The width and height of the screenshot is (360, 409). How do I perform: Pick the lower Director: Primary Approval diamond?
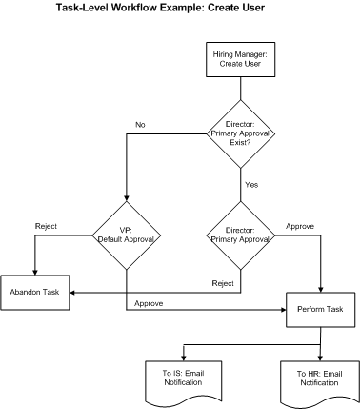point(240,235)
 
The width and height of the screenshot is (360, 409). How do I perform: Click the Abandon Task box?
point(35,291)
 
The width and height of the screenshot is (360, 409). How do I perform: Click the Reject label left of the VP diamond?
point(46,226)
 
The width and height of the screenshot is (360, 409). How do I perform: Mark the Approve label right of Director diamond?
point(300,226)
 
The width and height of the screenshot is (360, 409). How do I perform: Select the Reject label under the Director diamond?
point(223,283)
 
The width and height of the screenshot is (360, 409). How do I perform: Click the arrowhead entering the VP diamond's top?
point(126,199)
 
